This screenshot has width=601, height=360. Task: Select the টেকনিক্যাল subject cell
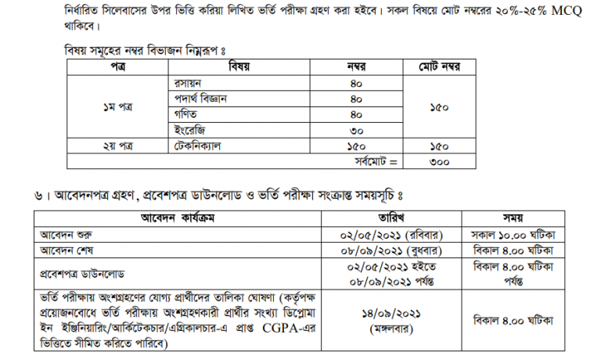point(197,146)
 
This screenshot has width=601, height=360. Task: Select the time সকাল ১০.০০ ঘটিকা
point(512,234)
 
